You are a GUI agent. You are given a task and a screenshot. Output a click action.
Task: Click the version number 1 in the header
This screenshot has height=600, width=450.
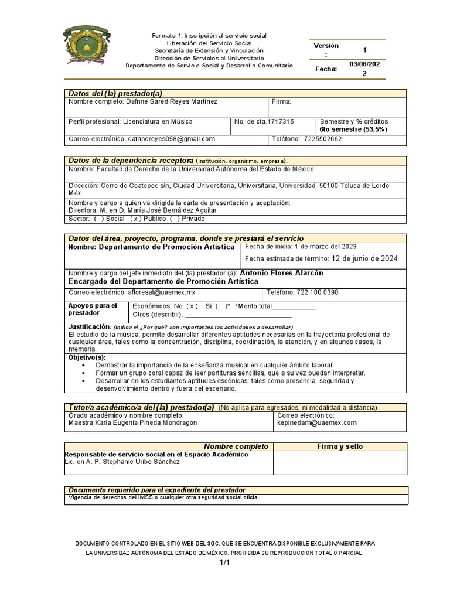pos(364,50)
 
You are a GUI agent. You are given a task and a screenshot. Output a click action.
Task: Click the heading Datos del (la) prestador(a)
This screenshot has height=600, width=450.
pos(115,93)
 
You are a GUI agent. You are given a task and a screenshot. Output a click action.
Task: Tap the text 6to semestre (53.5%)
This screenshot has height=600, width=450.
pos(353,129)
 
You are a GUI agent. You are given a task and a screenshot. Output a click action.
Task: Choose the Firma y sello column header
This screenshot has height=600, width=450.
pos(340,446)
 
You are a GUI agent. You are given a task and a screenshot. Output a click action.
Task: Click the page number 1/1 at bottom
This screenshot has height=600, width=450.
pos(225,562)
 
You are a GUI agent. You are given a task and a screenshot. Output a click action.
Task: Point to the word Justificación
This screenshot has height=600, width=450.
pos(88,326)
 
